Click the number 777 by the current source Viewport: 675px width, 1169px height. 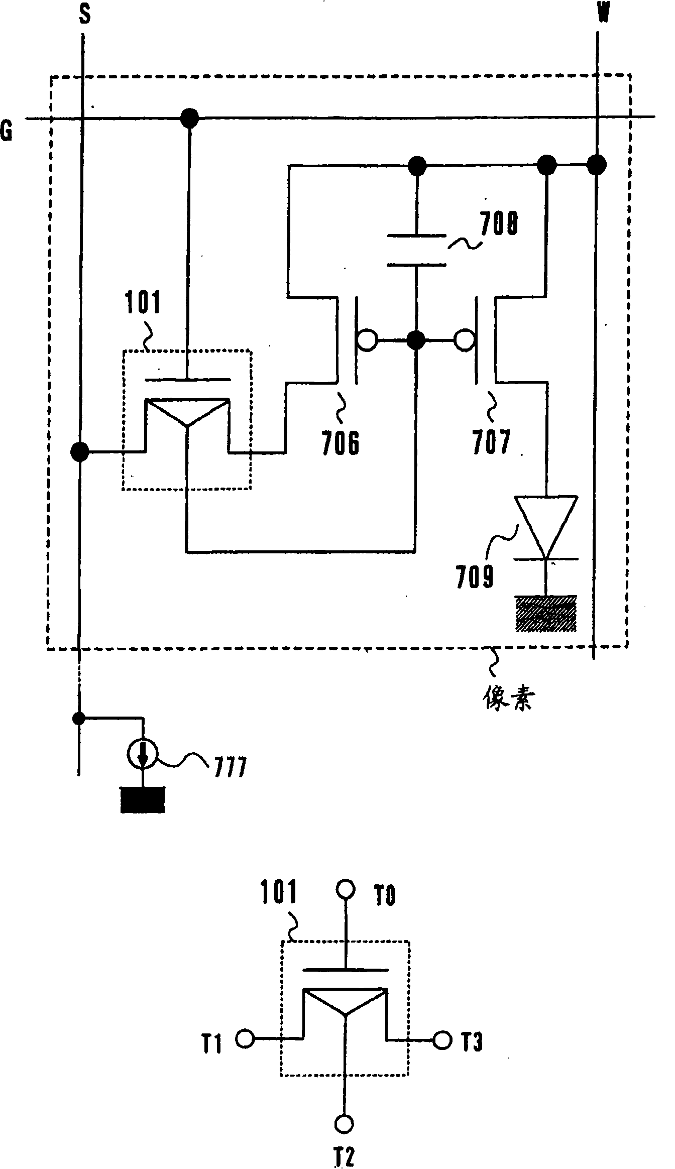point(231,767)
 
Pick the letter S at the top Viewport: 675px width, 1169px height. point(85,15)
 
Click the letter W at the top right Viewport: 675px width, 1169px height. point(603,14)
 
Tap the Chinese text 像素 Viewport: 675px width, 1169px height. point(507,697)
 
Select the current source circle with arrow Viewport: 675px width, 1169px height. point(143,754)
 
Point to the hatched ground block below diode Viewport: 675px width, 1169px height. point(545,613)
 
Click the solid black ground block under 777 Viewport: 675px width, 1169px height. point(143,799)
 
